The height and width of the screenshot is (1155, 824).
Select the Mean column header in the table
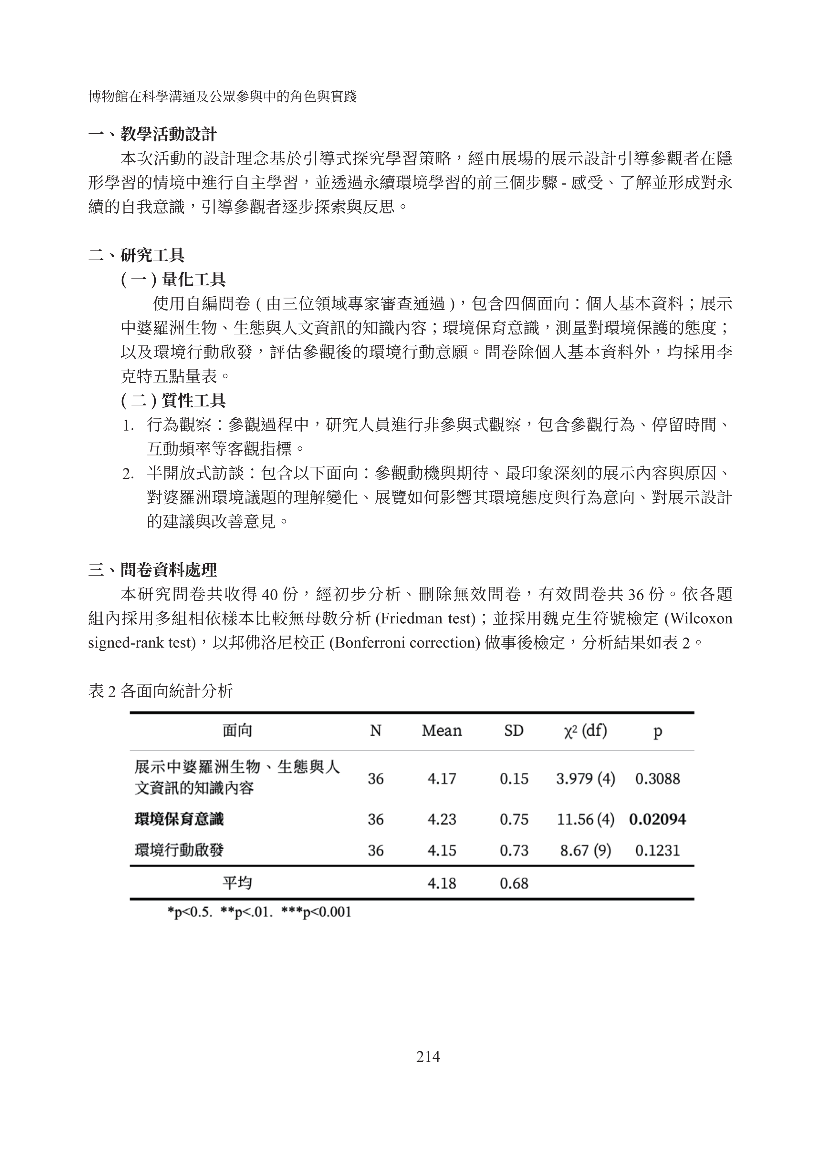pyautogui.click(x=442, y=731)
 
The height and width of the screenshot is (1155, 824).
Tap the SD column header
pyautogui.click(x=514, y=731)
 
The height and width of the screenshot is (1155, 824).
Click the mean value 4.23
pyautogui.click(x=442, y=819)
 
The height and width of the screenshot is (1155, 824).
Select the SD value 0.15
pyautogui.click(x=514, y=778)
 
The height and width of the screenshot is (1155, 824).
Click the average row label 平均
pyautogui.click(x=237, y=883)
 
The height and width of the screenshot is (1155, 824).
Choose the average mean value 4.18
pyautogui.click(x=442, y=883)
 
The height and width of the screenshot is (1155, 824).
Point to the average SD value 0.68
pyautogui.click(x=514, y=883)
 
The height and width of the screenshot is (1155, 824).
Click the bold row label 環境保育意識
pyautogui.click(x=179, y=819)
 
